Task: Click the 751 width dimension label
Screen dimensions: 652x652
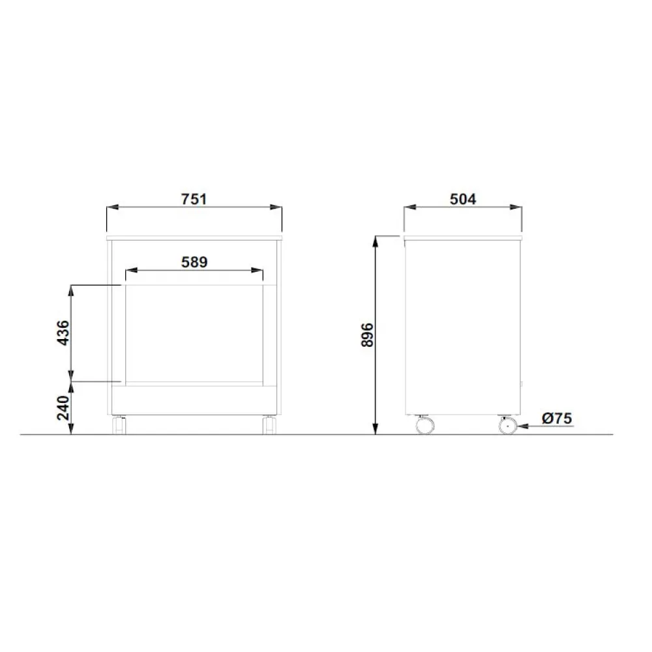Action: point(194,199)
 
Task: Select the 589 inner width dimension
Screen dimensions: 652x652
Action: point(194,261)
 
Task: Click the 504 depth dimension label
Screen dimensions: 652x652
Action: point(463,199)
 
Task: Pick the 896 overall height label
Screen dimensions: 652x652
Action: point(367,334)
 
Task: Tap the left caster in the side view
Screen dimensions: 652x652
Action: point(424,425)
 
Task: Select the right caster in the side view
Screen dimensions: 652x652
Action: point(507,425)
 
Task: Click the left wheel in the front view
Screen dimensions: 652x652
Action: point(120,425)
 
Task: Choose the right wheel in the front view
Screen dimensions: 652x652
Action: point(269,425)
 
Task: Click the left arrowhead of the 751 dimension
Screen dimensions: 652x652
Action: point(113,207)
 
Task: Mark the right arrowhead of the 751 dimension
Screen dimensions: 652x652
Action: point(277,207)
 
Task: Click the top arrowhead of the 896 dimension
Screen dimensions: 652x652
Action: point(375,241)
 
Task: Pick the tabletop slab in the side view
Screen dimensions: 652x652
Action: point(463,236)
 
